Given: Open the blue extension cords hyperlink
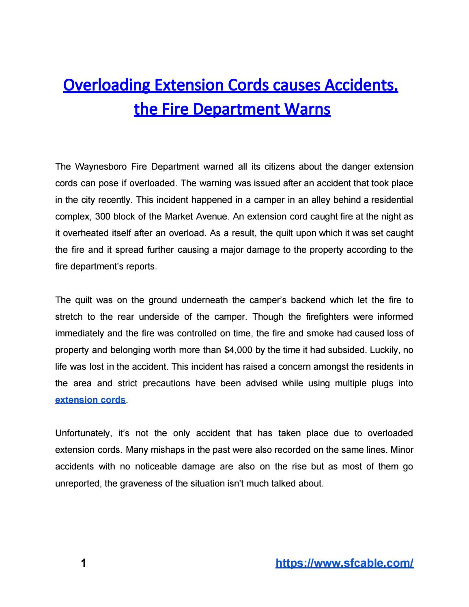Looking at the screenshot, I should (x=90, y=400).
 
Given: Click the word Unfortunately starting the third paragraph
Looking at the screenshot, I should (x=82, y=433).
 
